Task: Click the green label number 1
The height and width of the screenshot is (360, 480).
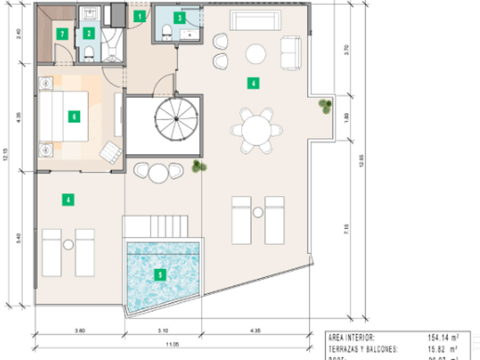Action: (x=139, y=17)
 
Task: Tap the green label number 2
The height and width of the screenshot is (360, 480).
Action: (x=88, y=33)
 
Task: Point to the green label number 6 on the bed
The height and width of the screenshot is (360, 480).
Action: (x=73, y=117)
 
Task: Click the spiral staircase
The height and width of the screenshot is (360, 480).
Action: (x=176, y=119)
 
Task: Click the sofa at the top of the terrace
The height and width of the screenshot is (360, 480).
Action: (x=256, y=21)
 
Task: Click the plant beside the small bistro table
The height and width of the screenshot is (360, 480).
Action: (x=198, y=166)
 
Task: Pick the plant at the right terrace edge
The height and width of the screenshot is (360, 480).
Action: (x=325, y=106)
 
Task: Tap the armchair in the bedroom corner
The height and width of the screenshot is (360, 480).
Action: (x=110, y=152)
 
